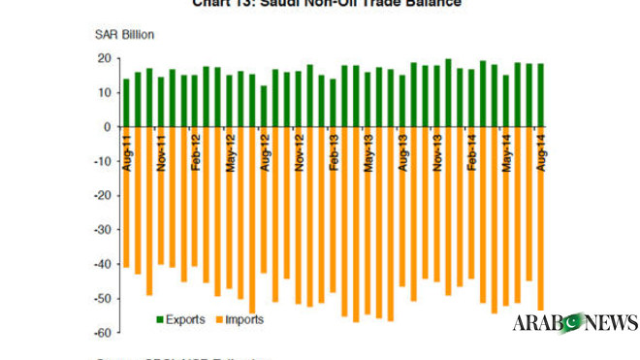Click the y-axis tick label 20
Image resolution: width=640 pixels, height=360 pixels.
101,58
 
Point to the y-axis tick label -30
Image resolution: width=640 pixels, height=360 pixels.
98,229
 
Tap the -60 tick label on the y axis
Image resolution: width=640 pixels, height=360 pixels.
98,332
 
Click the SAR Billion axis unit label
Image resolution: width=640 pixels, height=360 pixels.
125,35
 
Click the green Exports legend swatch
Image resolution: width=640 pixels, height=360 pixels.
159,318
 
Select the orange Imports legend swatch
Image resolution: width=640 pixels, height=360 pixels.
218,318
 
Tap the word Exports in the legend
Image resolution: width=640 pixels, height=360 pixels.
184,318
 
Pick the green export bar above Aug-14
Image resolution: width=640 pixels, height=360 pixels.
540,95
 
